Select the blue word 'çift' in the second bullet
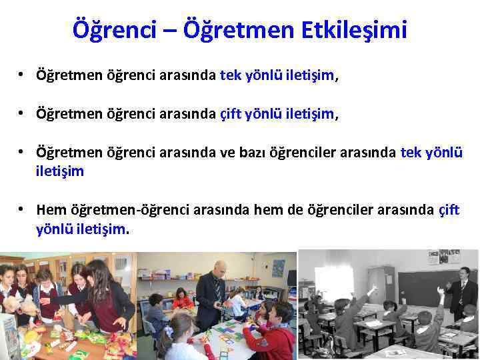coord(232,115)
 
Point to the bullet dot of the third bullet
coord(23,153)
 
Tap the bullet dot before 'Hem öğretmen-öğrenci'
coord(23,210)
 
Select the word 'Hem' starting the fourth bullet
coord(52,210)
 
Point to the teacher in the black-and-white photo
coord(461,293)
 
